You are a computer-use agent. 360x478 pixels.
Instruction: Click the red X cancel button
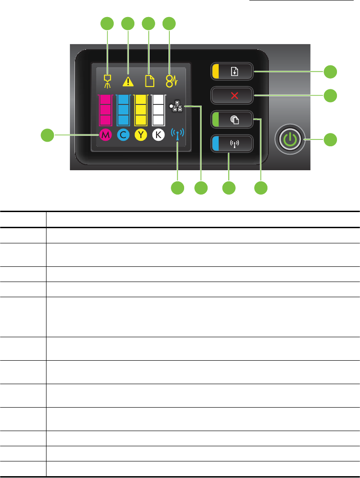232,96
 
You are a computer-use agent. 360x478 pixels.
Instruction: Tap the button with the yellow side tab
232,72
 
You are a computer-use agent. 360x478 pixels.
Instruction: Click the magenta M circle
105,135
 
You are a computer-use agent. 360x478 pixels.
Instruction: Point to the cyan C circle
123,135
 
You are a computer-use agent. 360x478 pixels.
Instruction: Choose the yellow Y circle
140,135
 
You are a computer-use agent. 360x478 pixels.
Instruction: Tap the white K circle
158,135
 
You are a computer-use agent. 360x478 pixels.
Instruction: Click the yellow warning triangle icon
128,81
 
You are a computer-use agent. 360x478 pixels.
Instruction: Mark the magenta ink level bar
105,110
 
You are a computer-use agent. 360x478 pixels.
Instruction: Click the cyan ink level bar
123,110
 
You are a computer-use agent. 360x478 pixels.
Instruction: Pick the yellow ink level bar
140,110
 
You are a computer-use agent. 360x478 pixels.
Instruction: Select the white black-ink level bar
158,110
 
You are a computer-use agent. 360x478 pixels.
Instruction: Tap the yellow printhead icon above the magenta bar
107,81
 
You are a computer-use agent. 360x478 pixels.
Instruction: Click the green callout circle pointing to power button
330,139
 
